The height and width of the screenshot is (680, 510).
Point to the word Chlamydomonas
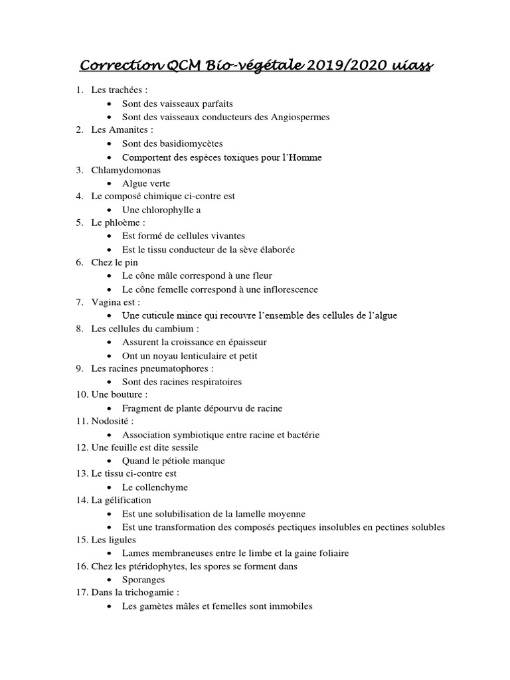coord(126,170)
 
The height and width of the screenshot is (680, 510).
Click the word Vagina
coord(105,303)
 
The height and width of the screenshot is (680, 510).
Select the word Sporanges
coord(143,580)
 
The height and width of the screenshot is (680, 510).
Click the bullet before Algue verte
coord(110,183)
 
